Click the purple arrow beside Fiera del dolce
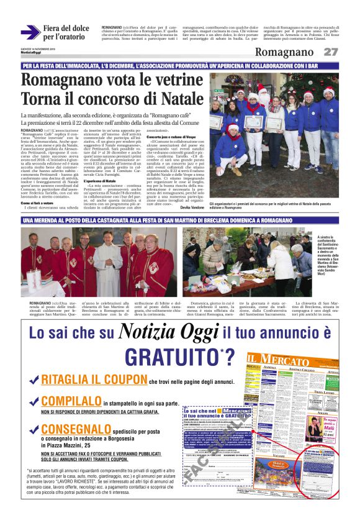coord(30,32)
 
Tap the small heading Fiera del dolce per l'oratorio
coord(66,32)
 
